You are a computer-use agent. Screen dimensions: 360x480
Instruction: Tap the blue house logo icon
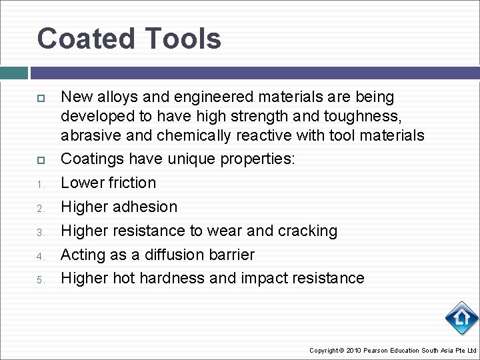click(x=461, y=318)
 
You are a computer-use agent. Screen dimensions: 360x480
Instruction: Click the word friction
click(x=132, y=183)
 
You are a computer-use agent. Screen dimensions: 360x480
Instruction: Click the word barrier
click(x=232, y=254)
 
